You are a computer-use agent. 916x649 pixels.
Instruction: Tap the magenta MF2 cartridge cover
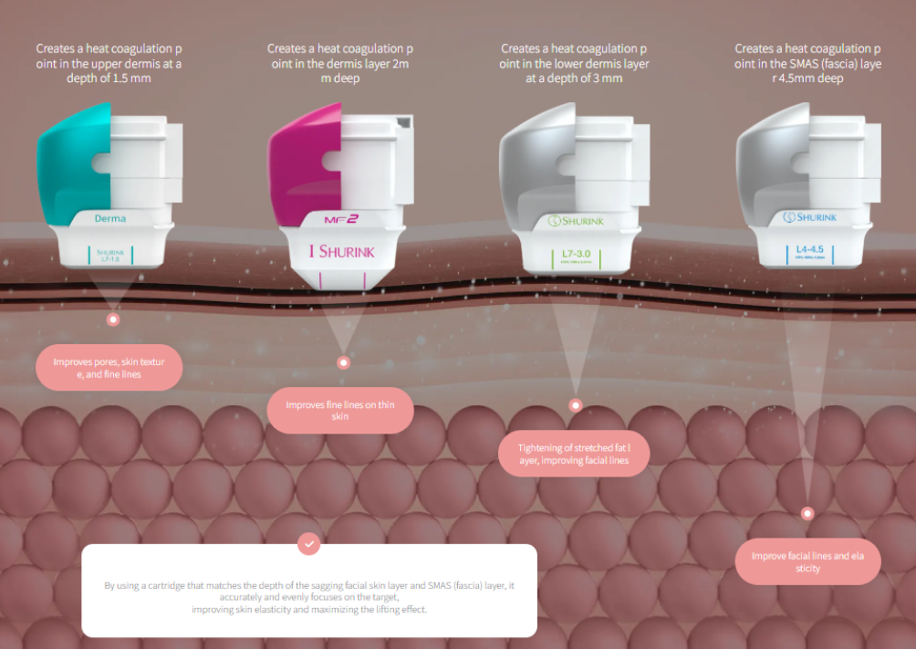point(302,164)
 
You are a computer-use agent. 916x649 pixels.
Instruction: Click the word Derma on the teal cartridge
point(109,218)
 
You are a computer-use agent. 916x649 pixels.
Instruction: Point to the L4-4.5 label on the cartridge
point(805,248)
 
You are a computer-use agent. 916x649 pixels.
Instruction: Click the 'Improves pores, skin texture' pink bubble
point(109,368)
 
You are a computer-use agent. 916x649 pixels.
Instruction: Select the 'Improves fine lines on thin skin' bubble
point(340,410)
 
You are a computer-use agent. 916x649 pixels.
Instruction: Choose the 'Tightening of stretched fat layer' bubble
point(574,454)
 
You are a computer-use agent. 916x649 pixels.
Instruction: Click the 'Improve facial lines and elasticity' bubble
point(807,561)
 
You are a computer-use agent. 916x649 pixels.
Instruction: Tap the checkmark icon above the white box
point(309,544)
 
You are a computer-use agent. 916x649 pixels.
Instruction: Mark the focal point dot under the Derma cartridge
point(113,319)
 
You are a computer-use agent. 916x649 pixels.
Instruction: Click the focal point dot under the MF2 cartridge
point(343,362)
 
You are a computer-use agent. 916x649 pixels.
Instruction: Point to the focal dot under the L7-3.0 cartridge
point(575,404)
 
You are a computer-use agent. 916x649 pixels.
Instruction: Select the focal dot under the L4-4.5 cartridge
point(807,513)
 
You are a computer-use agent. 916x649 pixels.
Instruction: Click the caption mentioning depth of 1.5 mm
point(109,63)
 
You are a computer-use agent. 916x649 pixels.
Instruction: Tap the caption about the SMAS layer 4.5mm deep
point(807,63)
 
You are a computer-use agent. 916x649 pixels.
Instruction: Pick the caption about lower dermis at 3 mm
point(574,63)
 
